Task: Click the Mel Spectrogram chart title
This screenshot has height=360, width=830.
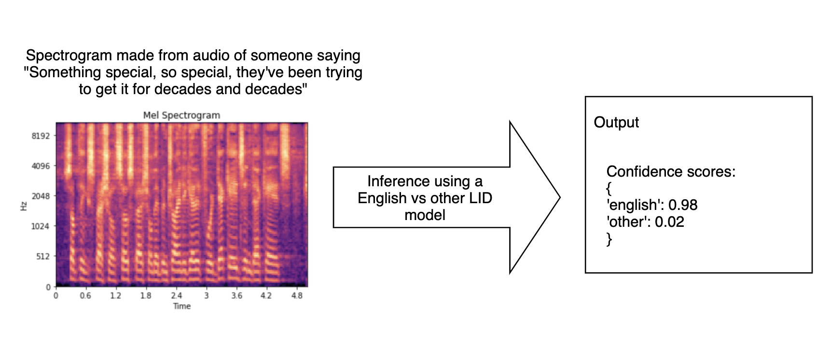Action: (x=181, y=115)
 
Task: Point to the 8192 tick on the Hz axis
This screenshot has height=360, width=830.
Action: (x=41, y=136)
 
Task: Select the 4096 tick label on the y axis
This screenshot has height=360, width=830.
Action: (x=41, y=166)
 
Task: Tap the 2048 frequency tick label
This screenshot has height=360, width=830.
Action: (x=41, y=196)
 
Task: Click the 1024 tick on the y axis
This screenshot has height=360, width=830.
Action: (x=41, y=226)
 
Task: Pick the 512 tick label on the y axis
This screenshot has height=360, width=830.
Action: (x=43, y=256)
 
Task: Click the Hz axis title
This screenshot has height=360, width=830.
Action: (x=23, y=206)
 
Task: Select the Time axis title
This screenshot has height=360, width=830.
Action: (x=182, y=306)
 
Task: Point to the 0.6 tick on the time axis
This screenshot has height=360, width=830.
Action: (x=85, y=295)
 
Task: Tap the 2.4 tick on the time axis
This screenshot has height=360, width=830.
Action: (x=176, y=295)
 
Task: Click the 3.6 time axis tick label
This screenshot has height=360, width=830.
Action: (x=236, y=295)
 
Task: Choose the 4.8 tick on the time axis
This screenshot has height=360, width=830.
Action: (x=297, y=295)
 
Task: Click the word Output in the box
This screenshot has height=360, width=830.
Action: (x=616, y=122)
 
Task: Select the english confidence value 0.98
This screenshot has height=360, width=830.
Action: (x=683, y=205)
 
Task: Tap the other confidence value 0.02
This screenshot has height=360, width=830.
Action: (x=669, y=222)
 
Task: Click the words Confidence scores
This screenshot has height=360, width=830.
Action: (x=671, y=172)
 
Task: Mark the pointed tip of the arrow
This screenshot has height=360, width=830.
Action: (x=560, y=197)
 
